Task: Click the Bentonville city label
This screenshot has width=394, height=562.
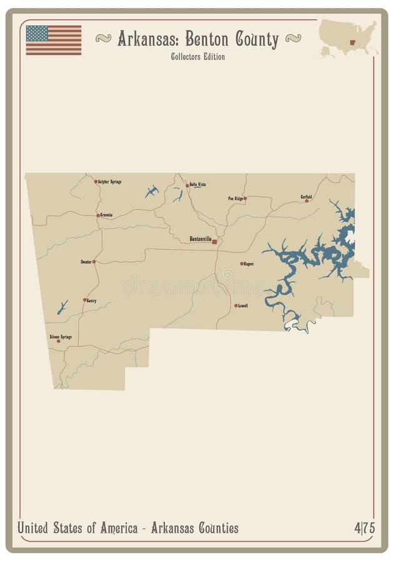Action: (200, 239)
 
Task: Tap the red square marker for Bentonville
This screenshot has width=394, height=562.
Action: (215, 241)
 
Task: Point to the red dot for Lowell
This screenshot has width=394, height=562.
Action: (236, 305)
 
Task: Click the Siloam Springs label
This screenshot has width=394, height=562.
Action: (61, 337)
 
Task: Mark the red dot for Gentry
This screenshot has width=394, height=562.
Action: (84, 300)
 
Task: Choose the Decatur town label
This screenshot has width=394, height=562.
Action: (86, 261)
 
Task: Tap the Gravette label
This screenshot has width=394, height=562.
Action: (106, 215)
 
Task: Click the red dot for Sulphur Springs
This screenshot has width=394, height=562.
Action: (96, 182)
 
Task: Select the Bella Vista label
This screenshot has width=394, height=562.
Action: (198, 185)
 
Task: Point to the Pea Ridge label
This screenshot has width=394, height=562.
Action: (235, 198)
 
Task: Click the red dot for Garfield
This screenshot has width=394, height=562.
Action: (306, 201)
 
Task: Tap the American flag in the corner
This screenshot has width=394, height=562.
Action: (54, 40)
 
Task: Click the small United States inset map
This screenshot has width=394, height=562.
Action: (348, 37)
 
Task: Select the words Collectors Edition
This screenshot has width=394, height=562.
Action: (197, 57)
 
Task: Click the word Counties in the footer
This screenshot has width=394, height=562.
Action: (215, 528)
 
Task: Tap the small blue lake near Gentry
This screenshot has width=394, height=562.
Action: (62, 307)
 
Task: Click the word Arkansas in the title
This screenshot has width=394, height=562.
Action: (148, 39)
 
